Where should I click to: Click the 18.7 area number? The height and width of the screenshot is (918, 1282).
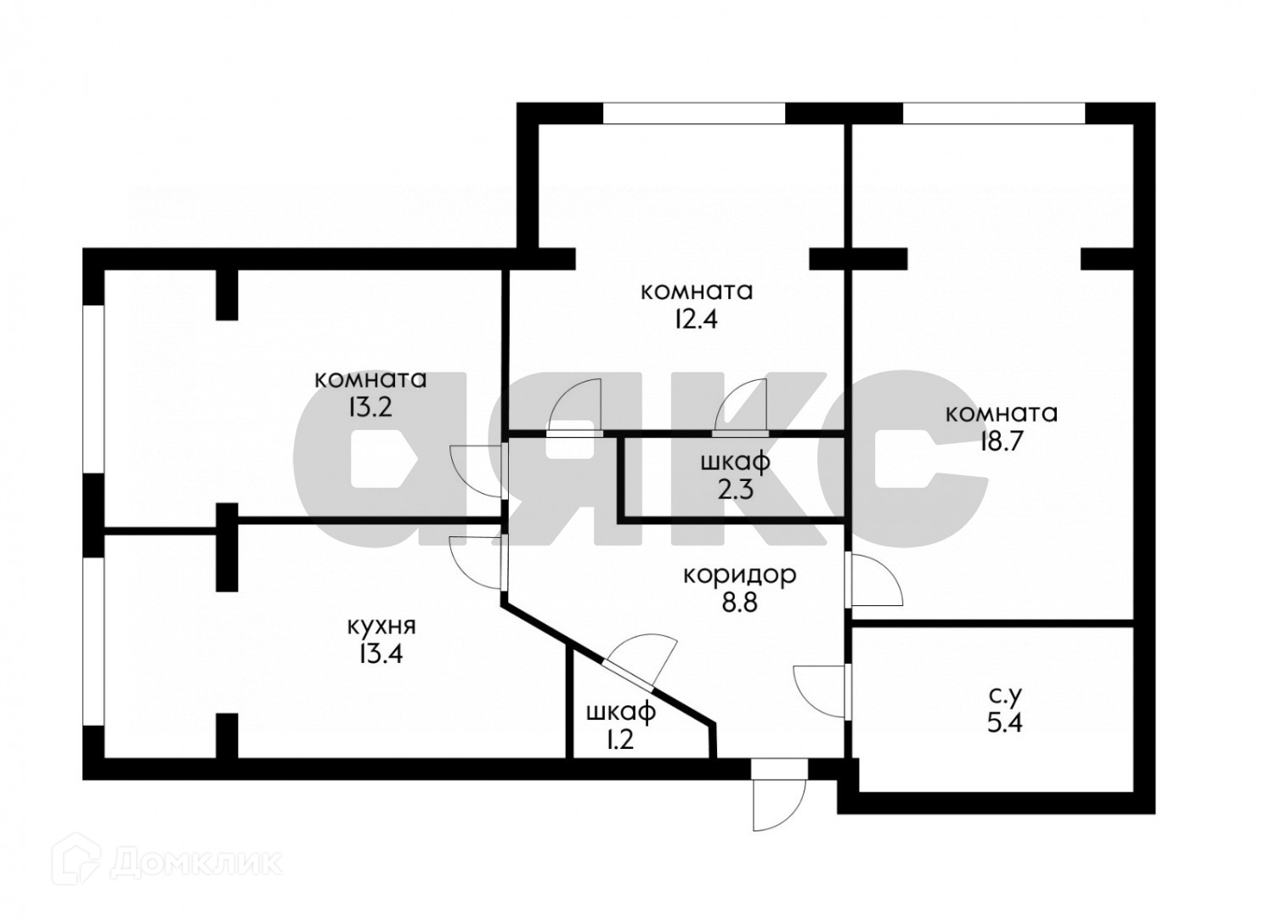tap(1001, 445)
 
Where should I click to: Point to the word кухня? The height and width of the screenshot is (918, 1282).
tap(381, 627)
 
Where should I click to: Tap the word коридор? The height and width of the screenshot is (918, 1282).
tap(740, 575)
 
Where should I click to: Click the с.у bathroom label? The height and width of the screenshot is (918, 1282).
tap(1002, 696)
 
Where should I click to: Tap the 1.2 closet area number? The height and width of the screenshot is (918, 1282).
tap(619, 739)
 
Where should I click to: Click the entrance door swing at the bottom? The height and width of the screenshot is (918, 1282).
tap(777, 799)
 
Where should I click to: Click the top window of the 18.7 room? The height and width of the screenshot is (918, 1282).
tap(993, 113)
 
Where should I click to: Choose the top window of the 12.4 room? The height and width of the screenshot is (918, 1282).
tap(693, 113)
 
